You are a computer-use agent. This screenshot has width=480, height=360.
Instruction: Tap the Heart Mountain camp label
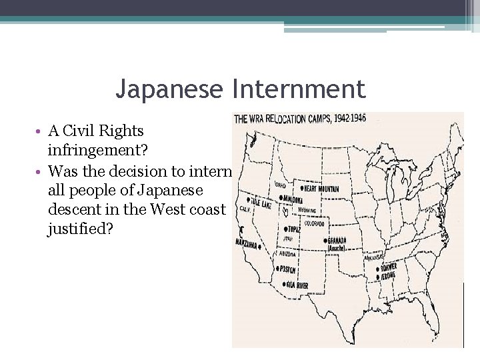321,189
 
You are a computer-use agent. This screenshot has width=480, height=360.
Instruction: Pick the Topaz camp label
293,228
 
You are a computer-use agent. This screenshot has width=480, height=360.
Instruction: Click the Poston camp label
287,269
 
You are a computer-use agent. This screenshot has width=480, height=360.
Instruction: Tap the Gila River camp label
295,285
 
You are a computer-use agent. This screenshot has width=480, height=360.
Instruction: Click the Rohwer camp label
388,267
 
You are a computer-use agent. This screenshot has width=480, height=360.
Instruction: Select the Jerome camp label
387,275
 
